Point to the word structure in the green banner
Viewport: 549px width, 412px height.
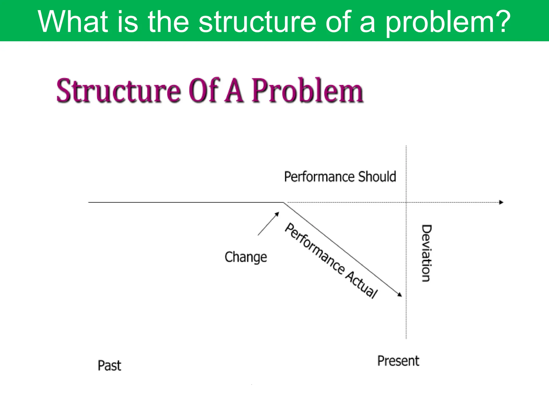pyautogui.click(x=257, y=21)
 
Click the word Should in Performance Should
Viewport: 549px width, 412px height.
pyautogui.click(x=377, y=176)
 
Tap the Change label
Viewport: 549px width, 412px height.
pyautogui.click(x=246, y=257)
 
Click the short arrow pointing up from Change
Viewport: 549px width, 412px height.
pyautogui.click(x=268, y=224)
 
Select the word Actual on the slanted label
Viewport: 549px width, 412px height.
pyautogui.click(x=361, y=285)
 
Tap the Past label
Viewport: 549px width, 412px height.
pyautogui.click(x=109, y=365)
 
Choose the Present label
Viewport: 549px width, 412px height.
pyautogui.click(x=398, y=361)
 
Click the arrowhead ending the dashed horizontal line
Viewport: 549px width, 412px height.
pyautogui.click(x=501, y=202)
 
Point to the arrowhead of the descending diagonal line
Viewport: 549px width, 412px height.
pyautogui.click(x=400, y=295)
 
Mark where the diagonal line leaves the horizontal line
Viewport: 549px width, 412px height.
pyautogui.click(x=284, y=203)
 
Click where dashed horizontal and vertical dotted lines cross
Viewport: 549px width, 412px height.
pyautogui.click(x=406, y=202)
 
